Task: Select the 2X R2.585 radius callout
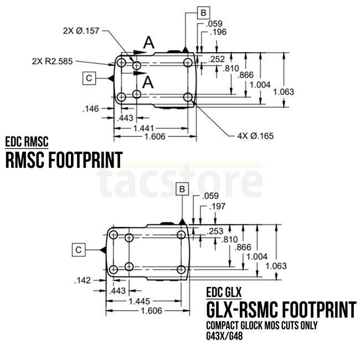(x=53, y=60)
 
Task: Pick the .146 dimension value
(x=90, y=109)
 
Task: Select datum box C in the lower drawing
(x=79, y=250)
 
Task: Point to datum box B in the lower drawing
(x=183, y=189)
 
